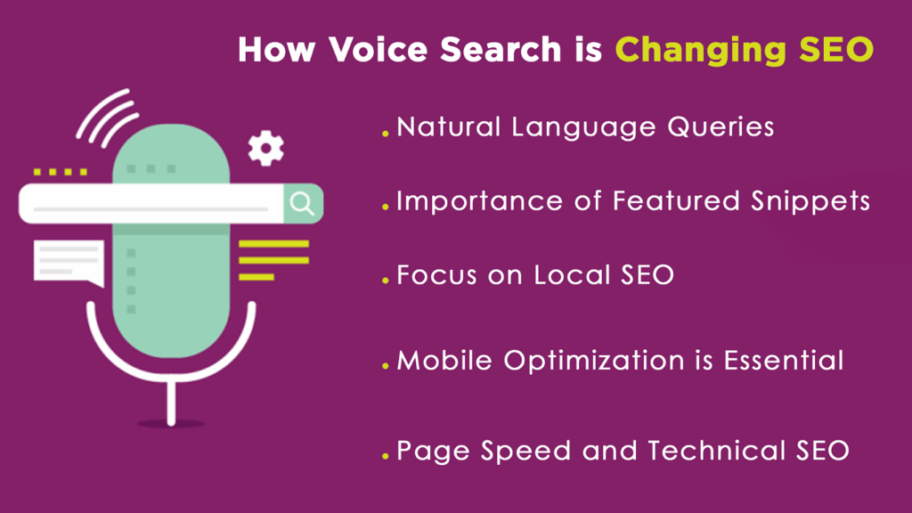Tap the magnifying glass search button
303,204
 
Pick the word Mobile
445,361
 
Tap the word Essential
783,361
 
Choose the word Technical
708,451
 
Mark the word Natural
450,127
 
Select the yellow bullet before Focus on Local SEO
386,281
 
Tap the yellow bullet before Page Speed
386,457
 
